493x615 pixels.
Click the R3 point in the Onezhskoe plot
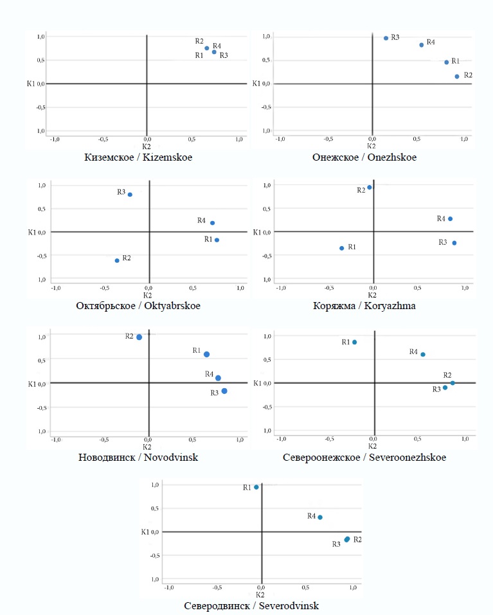[x=386, y=38]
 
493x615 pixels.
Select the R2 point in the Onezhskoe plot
[x=457, y=76]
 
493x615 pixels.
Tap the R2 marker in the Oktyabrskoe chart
[x=117, y=260]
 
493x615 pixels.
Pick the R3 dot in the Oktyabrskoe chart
[x=130, y=195]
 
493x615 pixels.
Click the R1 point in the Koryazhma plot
[x=342, y=248]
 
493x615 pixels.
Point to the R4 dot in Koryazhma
[x=450, y=218]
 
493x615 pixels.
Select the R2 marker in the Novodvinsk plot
[x=139, y=337]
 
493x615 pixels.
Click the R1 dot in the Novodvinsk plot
[x=206, y=354]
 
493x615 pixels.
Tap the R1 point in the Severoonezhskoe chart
[x=354, y=343]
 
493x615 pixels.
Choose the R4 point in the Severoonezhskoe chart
[x=422, y=354]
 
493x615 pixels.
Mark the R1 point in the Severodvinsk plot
[x=256, y=487]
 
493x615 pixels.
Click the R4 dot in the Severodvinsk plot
[x=319, y=517]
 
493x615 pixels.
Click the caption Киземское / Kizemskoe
[x=138, y=157]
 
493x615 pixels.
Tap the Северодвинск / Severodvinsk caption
[x=251, y=605]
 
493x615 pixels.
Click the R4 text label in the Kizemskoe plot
[x=217, y=46]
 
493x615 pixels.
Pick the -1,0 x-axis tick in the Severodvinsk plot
[x=169, y=587]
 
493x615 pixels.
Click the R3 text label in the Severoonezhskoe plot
[x=436, y=389]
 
